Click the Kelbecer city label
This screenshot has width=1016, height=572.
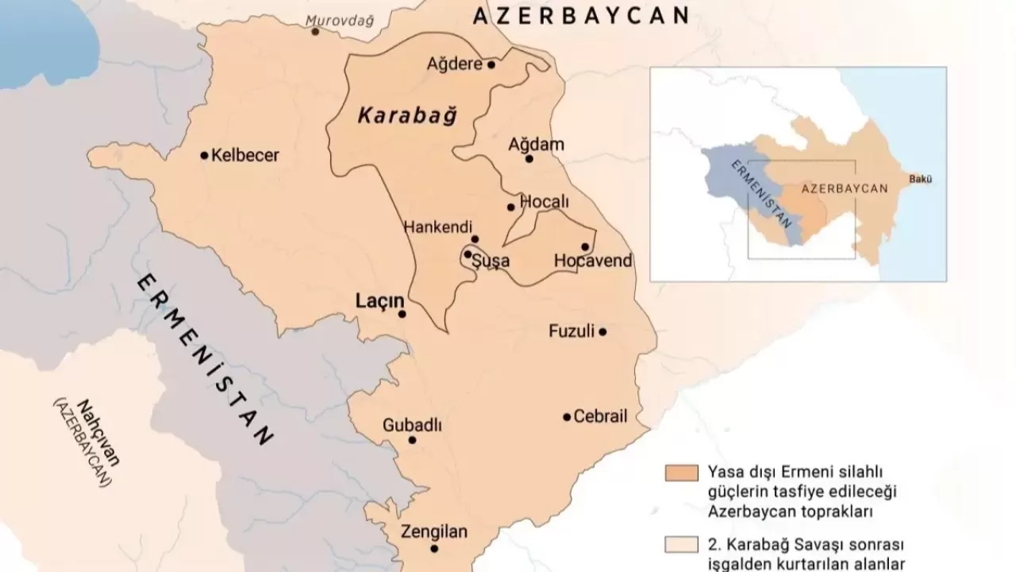pos(245,156)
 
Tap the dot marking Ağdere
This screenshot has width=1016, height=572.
pos(491,64)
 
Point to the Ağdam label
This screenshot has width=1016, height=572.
pos(536,144)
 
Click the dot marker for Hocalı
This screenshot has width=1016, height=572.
pos(511,207)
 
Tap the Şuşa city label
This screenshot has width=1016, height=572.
pos(492,261)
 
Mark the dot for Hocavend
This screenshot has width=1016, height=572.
pos(585,246)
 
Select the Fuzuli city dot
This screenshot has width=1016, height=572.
pos(602,331)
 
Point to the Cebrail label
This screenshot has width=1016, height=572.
pos(600,416)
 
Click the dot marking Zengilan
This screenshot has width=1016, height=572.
pos(434,548)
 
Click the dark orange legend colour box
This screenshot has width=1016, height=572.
pos(681,473)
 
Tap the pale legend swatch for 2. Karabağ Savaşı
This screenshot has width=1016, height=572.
pos(681,544)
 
